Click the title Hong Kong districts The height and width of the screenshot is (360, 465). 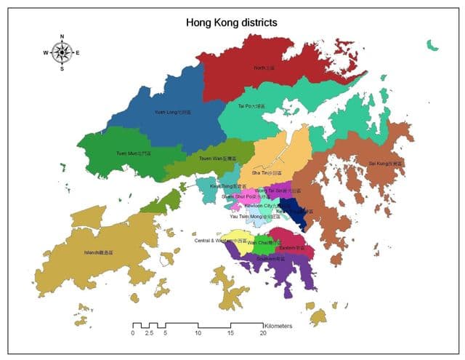click(232, 23)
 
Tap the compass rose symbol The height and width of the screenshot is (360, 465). click(62, 52)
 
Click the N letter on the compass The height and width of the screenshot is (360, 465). click(62, 36)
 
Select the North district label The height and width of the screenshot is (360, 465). click(264, 68)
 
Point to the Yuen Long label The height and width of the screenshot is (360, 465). click(173, 113)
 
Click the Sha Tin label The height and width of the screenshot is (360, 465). click(264, 173)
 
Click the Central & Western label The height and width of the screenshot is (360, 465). click(219, 240)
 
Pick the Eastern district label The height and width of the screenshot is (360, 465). click(286, 248)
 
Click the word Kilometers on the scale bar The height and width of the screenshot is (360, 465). click(278, 327)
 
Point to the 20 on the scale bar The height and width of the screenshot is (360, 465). click(262, 333)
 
